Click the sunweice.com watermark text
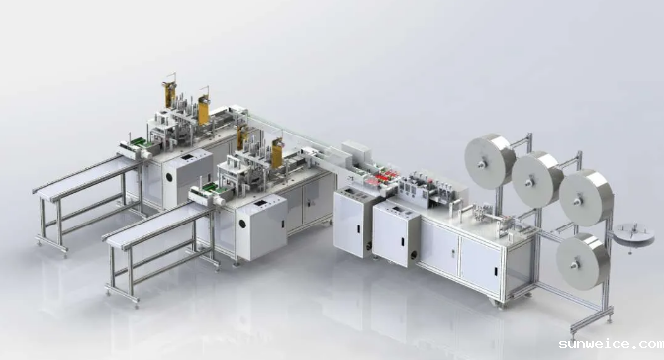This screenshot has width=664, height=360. pos(612,344)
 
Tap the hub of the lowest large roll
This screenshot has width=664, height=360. pos(575,265)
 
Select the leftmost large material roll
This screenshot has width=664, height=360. pos(490,161)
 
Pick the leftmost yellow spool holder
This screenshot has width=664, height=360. pos(170,94)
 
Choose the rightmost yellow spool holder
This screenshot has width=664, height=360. pos(277,152)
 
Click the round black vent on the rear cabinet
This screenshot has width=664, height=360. pos(169,177)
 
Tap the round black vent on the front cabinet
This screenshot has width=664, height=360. pos(242,224)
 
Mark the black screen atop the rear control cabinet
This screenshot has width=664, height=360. pos(187,158)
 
